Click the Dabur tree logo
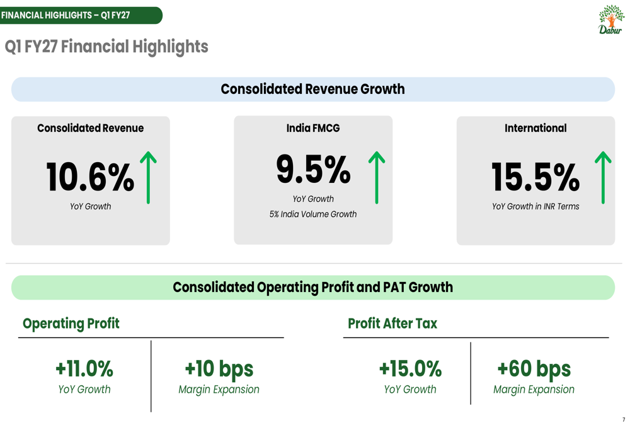point(610,20)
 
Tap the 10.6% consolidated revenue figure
point(90,177)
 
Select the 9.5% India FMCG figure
point(313,170)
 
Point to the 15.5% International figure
point(535,177)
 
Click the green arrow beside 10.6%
point(148,177)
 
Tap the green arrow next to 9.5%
point(377,177)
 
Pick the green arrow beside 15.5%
point(603,177)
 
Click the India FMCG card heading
point(313,128)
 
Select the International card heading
point(535,128)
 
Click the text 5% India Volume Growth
point(313,214)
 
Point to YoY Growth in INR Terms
point(535,206)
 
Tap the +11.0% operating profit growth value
point(84,368)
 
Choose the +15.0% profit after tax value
point(410,368)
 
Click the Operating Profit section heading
point(71,324)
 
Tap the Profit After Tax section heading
point(392,324)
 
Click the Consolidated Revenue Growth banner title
point(313,89)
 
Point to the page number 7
point(624,419)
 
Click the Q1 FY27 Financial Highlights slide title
point(106,47)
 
